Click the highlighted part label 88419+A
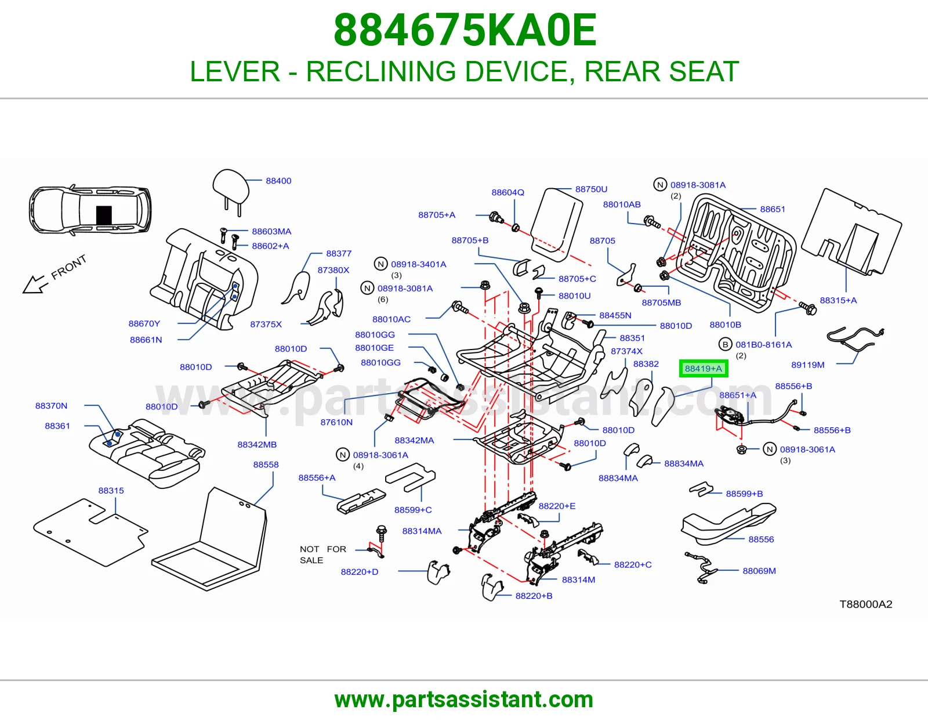click(704, 369)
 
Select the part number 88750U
click(591, 189)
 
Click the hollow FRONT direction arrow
click(34, 283)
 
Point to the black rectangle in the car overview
click(104, 215)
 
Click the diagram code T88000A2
click(865, 604)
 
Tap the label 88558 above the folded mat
click(266, 465)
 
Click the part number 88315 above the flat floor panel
click(111, 491)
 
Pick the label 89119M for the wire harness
click(807, 365)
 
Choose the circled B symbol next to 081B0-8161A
click(725, 344)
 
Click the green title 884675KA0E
click(465, 30)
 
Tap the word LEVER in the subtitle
click(235, 71)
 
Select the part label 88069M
click(759, 571)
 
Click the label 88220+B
click(534, 596)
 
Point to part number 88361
click(57, 426)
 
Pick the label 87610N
click(336, 422)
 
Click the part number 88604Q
click(507, 192)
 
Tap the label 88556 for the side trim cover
click(761, 539)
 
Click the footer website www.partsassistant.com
click(464, 700)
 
